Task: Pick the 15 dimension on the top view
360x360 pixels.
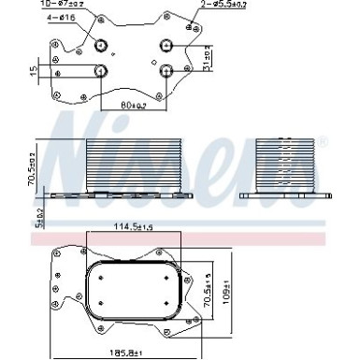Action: point(33,70)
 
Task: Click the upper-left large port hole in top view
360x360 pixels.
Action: point(102,42)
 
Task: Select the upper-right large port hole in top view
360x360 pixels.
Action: point(167,42)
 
